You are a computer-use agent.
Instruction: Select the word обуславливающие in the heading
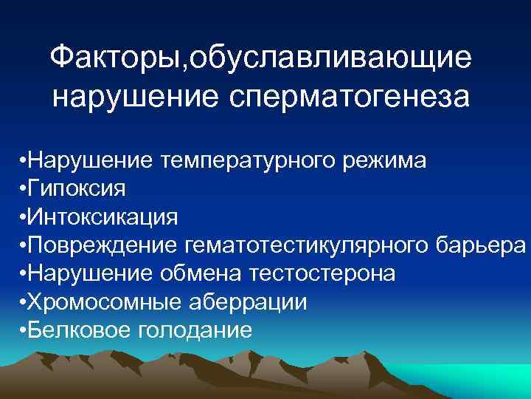coord(330,58)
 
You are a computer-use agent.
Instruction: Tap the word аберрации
coord(245,301)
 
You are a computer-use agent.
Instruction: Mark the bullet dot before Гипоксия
coord(24,189)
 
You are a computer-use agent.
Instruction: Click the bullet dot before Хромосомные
coord(24,301)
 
